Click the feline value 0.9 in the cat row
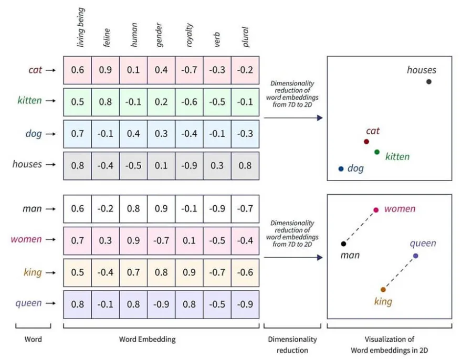pos(105,70)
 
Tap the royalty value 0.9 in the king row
pos(189,273)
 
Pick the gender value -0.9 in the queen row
pos(161,304)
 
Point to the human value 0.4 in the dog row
pos(133,134)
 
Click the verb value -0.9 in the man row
pos(217,209)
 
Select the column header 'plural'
pos(245,37)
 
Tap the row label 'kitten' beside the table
pos(29,100)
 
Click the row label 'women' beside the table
pos(26,239)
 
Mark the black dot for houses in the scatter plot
pos(429,81)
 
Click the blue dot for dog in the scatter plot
pos(341,169)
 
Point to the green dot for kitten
pos(377,152)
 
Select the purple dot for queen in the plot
pos(415,256)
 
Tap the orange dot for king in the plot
pos(383,290)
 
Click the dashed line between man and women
pos(360,227)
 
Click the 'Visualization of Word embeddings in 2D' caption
pos(389,344)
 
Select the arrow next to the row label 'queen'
pos(51,304)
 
